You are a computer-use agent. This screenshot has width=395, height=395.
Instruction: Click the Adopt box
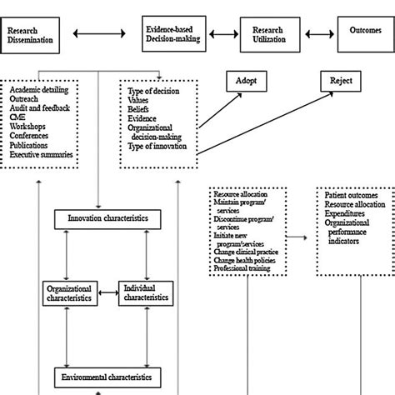[247, 81]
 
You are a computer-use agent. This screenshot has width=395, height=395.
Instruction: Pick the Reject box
[342, 81]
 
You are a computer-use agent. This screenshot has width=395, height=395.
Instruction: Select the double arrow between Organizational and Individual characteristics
[107, 292]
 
